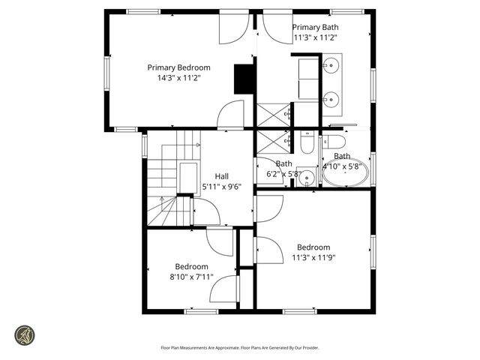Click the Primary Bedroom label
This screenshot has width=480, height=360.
point(178,67)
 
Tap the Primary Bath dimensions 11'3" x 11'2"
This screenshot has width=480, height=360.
point(315,37)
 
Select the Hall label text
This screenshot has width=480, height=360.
point(222,176)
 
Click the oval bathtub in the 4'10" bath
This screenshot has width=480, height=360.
point(345,173)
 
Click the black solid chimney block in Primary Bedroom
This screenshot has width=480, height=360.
point(243,79)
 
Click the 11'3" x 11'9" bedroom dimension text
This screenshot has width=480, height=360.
point(313,257)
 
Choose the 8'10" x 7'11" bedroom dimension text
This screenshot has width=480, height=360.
point(192,276)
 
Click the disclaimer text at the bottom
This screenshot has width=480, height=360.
point(240,347)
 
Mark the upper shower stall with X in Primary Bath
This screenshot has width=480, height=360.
point(273,115)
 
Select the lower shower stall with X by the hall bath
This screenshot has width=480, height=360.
point(273,141)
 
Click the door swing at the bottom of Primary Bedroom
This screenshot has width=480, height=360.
point(231,116)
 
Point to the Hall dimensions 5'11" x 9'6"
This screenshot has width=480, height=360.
point(222,187)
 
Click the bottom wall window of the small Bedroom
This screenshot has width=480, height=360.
point(201,310)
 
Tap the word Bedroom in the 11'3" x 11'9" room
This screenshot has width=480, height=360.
point(313,247)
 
